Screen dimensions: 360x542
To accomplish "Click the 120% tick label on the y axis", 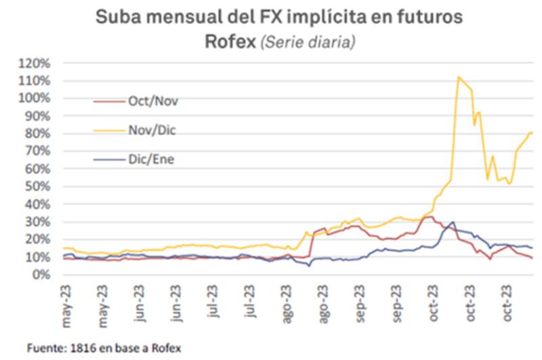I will coord(35,63).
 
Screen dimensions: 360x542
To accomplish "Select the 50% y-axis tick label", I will coord(37,186).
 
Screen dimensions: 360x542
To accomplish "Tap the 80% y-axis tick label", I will coord(37,134).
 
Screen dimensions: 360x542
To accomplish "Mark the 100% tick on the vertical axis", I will coord(35,98).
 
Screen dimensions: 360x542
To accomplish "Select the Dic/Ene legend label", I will coord(152,160).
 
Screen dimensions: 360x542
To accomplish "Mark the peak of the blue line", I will coord(452,222).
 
